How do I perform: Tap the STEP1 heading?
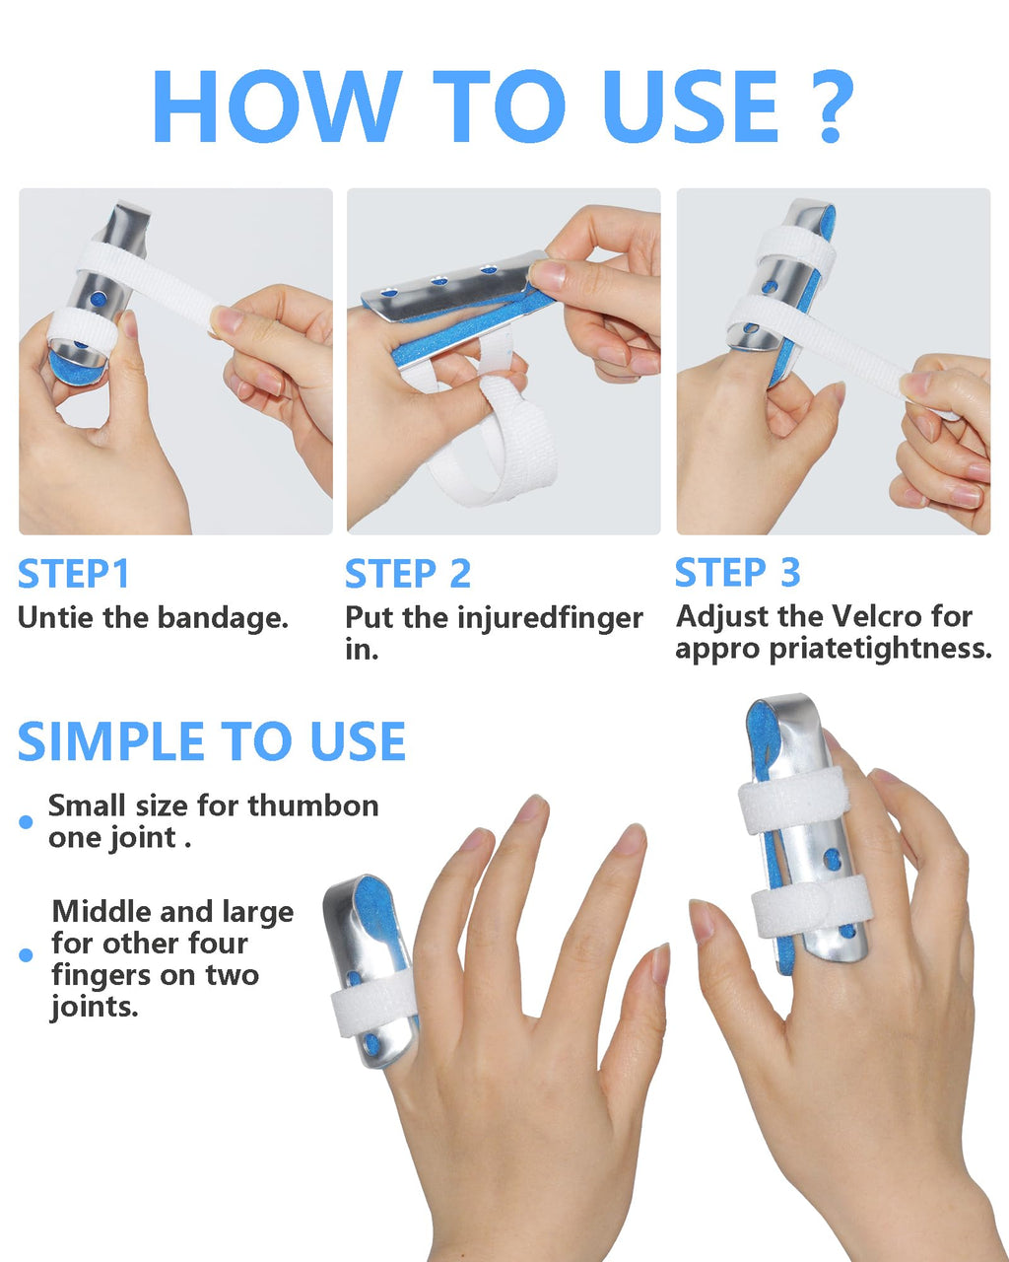pos(73,573)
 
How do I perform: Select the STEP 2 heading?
pos(408,573)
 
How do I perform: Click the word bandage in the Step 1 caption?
pos(223,618)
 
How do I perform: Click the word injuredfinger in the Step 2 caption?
pos(550,619)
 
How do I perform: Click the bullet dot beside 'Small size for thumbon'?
pos(26,821)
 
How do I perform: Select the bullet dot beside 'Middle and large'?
pos(26,954)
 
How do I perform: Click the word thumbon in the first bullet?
pos(313,806)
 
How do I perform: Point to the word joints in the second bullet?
pos(95,1008)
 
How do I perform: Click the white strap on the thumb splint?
pos(373,1007)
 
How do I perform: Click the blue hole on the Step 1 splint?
pos(100,300)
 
